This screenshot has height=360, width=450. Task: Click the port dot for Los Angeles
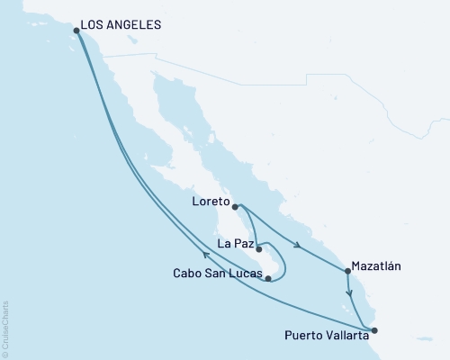[76, 31]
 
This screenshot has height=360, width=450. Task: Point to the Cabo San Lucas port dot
[268, 279]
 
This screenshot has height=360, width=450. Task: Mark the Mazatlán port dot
[346, 271]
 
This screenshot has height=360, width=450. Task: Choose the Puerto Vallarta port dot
[375, 330]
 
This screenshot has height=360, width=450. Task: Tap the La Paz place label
[233, 242]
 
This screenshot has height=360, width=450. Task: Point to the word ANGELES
[135, 25]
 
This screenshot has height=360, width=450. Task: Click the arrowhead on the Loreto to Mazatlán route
[298, 246]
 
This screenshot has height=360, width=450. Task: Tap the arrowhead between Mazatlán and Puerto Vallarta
[349, 293]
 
